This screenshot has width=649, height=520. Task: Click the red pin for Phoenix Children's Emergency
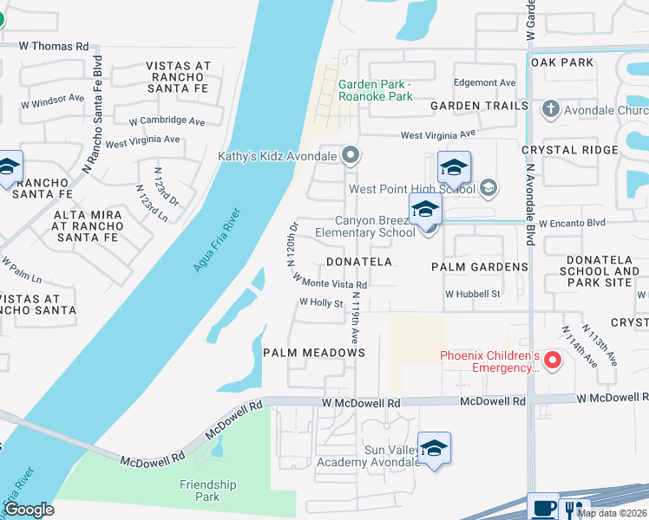[555, 358]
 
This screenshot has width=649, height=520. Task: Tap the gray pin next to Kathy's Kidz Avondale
[351, 156]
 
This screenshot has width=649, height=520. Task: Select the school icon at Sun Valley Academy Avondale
[434, 449]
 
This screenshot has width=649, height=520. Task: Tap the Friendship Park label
[207, 491]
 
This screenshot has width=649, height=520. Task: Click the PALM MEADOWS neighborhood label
[314, 353]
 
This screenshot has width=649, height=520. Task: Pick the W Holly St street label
[321, 303]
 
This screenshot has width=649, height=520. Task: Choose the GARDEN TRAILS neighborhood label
[479, 106]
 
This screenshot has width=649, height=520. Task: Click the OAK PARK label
[562, 62]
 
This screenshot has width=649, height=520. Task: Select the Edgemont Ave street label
[485, 83]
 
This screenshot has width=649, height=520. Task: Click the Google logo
[29, 510]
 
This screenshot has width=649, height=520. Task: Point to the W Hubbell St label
[473, 294]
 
